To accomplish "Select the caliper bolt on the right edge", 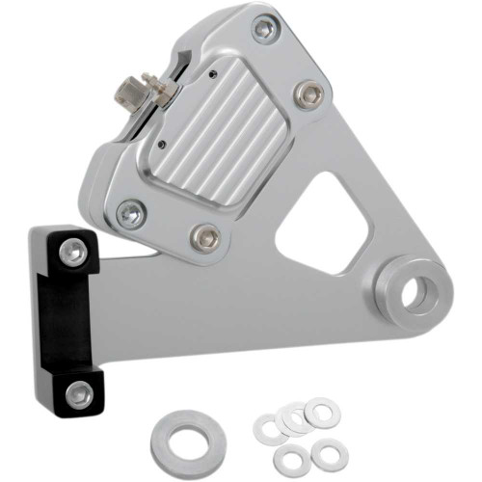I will [x=307, y=94].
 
